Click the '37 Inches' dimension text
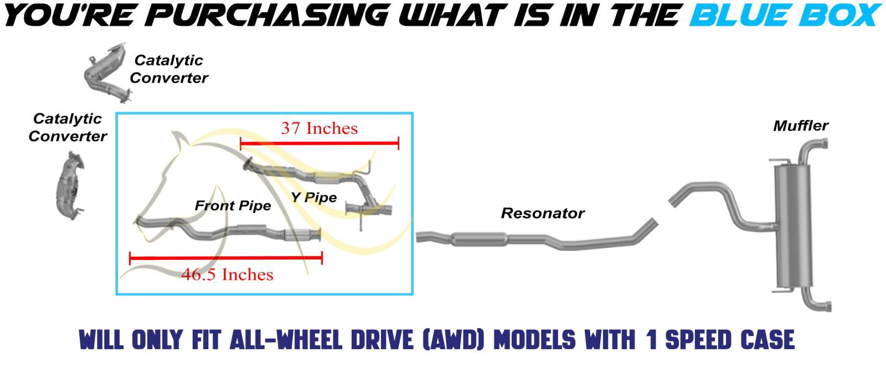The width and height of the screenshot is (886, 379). click(x=319, y=128)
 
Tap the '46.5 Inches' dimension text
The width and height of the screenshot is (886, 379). click(x=228, y=274)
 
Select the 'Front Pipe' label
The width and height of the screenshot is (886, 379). click(x=233, y=205)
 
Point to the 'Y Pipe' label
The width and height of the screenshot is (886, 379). click(x=313, y=197)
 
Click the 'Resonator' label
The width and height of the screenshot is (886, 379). click(x=543, y=213)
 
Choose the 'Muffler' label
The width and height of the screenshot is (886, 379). click(x=801, y=126)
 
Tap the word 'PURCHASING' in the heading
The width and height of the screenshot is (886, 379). click(x=269, y=15)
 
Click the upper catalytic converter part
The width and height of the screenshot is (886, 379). click(x=106, y=73)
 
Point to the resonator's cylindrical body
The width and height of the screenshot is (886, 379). click(x=479, y=239)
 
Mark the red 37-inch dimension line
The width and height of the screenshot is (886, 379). click(x=320, y=143)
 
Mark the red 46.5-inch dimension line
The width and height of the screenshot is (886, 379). click(x=226, y=258)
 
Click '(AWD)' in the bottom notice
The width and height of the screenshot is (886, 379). click(x=454, y=340)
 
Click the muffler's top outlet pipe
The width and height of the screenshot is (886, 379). click(x=811, y=149)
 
